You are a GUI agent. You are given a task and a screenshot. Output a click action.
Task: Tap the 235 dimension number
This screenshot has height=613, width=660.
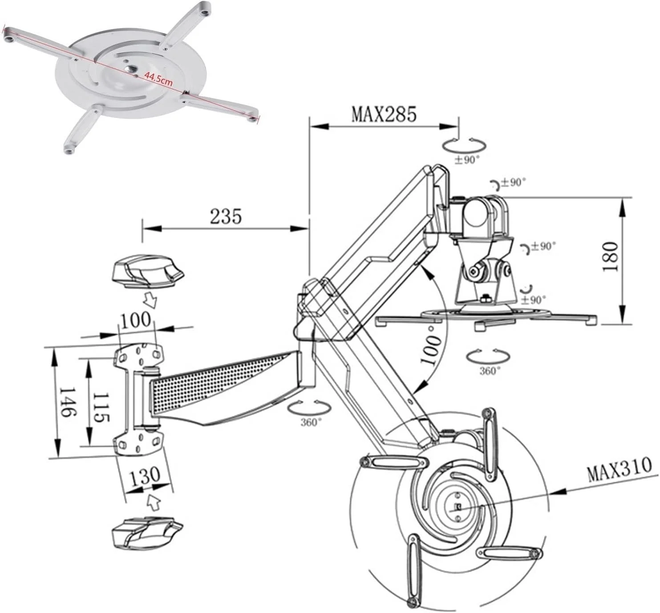(226, 216)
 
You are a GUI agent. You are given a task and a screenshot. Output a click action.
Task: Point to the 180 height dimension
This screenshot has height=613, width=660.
(610, 256)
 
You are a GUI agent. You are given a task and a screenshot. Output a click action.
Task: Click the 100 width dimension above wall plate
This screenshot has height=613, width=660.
(135, 320)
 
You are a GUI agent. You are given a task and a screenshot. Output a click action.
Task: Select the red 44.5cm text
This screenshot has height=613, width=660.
(158, 80)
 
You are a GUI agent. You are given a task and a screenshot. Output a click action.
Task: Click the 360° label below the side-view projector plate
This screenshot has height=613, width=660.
(490, 371)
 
